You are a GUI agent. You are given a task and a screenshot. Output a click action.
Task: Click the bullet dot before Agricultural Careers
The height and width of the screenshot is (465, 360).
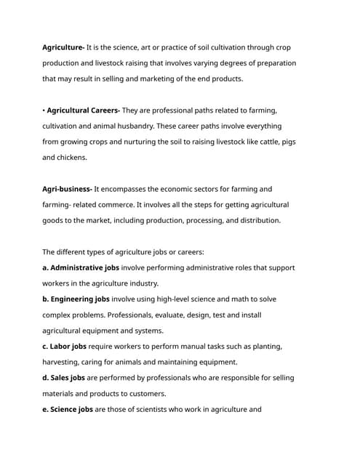[44, 110]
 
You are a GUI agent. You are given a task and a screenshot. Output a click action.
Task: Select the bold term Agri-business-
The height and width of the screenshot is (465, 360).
[67, 189]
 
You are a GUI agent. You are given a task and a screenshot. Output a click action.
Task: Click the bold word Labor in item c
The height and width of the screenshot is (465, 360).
[63, 347]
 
